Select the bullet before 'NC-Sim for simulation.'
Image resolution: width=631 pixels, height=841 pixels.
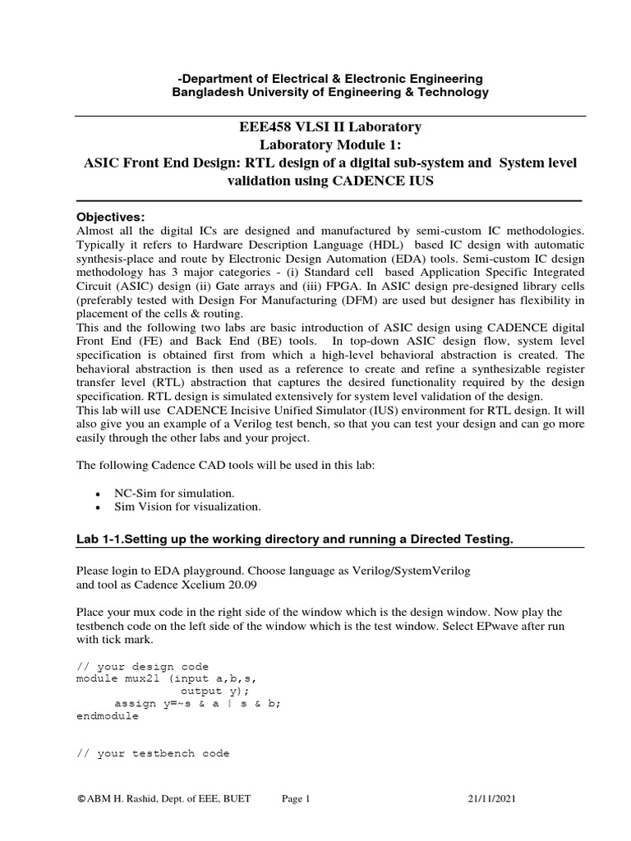pos(98,493)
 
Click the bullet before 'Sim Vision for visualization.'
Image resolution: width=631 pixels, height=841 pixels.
pos(98,507)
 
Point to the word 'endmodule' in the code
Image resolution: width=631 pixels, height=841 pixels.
pos(107,715)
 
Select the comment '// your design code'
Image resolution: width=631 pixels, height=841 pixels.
pos(142,665)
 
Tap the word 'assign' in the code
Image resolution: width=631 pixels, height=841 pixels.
pos(133,703)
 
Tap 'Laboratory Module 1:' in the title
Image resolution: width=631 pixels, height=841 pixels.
pos(330,145)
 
